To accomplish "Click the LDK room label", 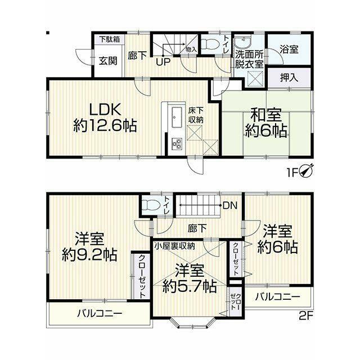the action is [105, 110].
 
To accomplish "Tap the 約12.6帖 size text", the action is [105, 125].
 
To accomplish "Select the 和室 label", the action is [266, 115].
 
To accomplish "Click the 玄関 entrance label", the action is [108, 61].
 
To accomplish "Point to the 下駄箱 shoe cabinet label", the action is [110, 39].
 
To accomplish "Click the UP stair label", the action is [163, 62].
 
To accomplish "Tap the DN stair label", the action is [230, 206].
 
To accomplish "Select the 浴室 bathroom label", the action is [289, 49].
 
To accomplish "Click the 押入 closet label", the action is [289, 78].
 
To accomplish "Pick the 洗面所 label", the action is [249, 56].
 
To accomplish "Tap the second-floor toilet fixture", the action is [150, 205].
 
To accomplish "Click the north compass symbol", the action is [306, 172].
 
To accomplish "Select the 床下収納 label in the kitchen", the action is [196, 116].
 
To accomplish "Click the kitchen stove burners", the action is [177, 143].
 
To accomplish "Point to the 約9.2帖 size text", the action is [89, 255].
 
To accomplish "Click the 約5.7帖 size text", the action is [190, 286].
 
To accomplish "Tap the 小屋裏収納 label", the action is [175, 246].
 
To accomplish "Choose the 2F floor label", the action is [307, 316].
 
